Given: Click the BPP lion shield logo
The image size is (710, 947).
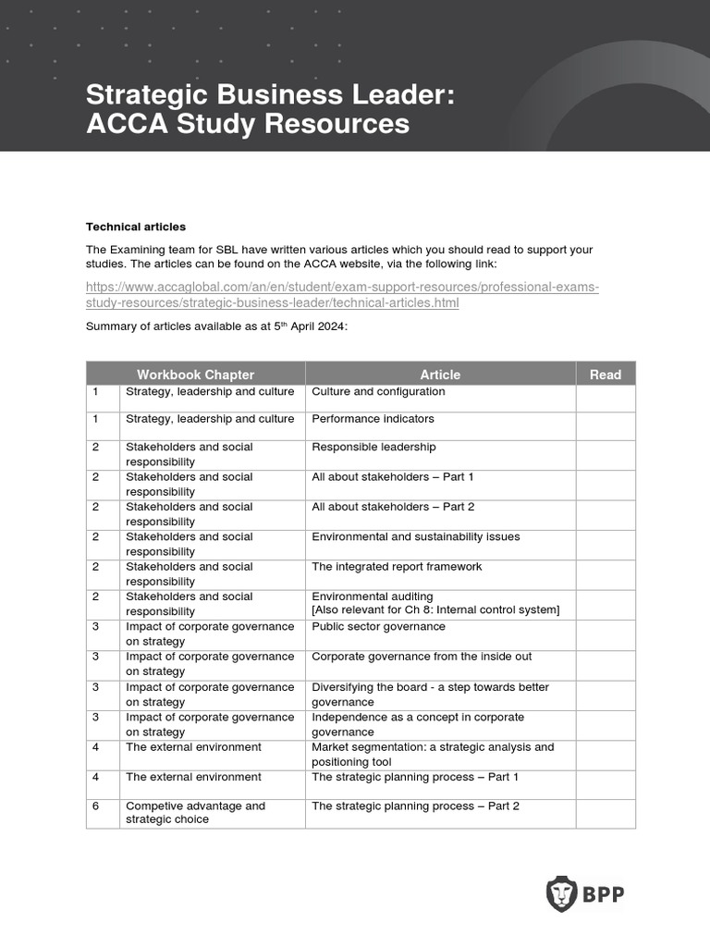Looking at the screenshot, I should tap(561, 893).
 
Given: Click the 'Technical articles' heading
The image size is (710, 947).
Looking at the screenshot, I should tap(136, 227).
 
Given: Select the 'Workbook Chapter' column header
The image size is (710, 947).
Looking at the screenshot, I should tap(195, 375).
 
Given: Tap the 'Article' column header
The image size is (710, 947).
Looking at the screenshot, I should tap(440, 375).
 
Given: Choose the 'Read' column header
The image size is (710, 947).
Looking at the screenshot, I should tap(606, 375).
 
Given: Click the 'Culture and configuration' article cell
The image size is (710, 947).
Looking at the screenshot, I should tap(378, 392).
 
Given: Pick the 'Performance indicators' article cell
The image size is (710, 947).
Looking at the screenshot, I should tap(373, 419).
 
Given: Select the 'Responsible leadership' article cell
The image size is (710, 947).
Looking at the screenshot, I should tap(373, 447).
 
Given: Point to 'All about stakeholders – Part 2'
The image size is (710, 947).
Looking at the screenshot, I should tap(392, 507).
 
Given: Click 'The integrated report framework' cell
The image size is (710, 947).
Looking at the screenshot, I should tap(397, 567).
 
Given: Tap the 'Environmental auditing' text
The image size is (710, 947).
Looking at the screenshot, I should tap(372, 596).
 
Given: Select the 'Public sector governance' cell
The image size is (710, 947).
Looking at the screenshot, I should tap(378, 627).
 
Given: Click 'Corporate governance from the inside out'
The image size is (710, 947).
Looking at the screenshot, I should tap(422, 657).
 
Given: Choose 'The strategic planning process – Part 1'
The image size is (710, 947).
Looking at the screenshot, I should tap(415, 777).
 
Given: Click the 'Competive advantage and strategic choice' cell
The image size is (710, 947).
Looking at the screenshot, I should tap(195, 813).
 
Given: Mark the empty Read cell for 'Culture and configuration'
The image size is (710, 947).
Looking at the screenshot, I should tap(606, 398).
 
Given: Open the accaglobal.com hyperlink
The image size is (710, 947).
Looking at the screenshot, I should tap(342, 295).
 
